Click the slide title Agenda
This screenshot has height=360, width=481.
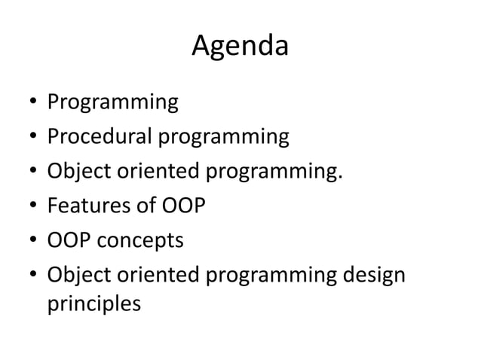click(x=240, y=47)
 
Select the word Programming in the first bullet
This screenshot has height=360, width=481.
click(x=112, y=102)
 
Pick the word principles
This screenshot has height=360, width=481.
click(x=93, y=305)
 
